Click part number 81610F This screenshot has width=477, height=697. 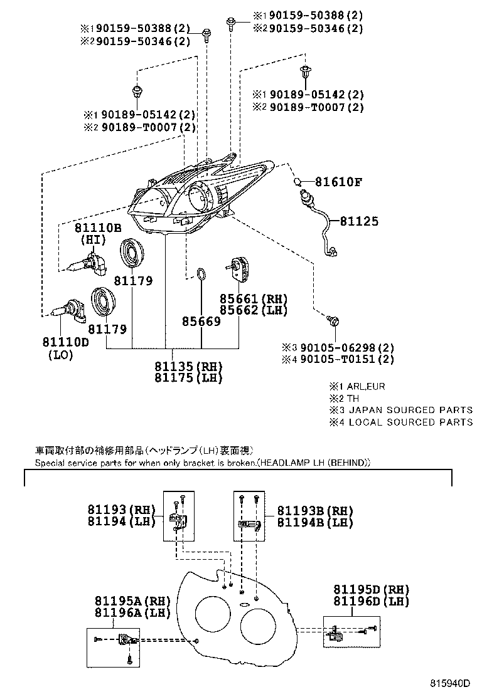coord(339,182)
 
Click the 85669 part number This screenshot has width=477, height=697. coord(201,322)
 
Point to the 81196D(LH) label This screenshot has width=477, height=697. coord(371,602)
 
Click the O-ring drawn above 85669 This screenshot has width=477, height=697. coord(201,274)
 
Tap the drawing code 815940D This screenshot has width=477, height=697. coord(451,682)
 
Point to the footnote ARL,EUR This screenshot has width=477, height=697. coord(367,386)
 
